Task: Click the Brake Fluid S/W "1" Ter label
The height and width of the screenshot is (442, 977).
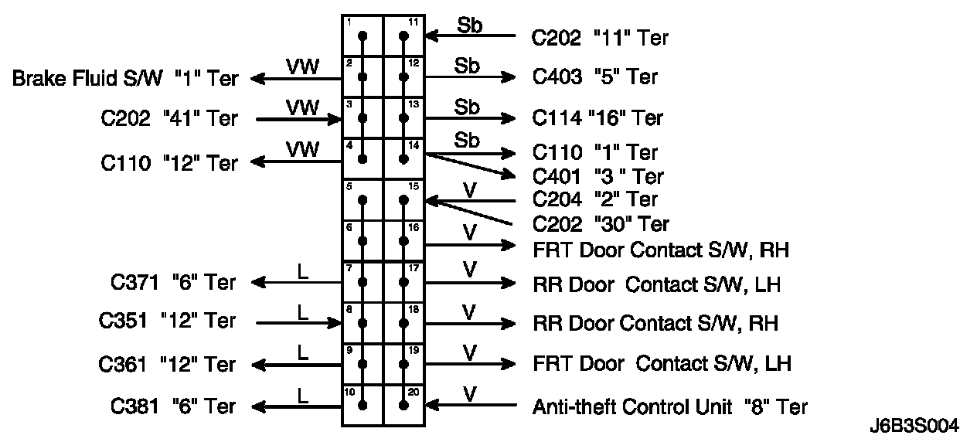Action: (x=125, y=78)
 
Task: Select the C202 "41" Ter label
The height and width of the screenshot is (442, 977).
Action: (x=169, y=119)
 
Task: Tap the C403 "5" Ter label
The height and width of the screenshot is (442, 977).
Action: (x=595, y=76)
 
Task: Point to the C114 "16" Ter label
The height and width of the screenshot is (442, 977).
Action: (x=597, y=118)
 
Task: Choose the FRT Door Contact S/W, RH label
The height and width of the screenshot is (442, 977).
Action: (x=661, y=250)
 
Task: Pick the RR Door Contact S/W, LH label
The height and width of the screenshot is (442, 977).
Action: (x=657, y=284)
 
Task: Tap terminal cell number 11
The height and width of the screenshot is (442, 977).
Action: (x=404, y=36)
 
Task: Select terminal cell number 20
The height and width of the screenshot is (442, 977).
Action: (x=404, y=404)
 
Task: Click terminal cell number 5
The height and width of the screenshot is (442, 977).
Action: (x=363, y=199)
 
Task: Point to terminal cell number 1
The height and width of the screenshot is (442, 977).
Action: (x=363, y=36)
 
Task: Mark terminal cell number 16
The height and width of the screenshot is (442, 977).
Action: (x=404, y=240)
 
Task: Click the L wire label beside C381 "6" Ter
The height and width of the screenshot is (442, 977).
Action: (x=302, y=394)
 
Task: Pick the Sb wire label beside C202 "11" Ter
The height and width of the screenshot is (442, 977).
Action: (x=469, y=25)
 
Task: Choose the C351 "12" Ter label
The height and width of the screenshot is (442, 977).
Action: (x=168, y=321)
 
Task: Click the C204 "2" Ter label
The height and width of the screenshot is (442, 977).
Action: (x=595, y=199)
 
